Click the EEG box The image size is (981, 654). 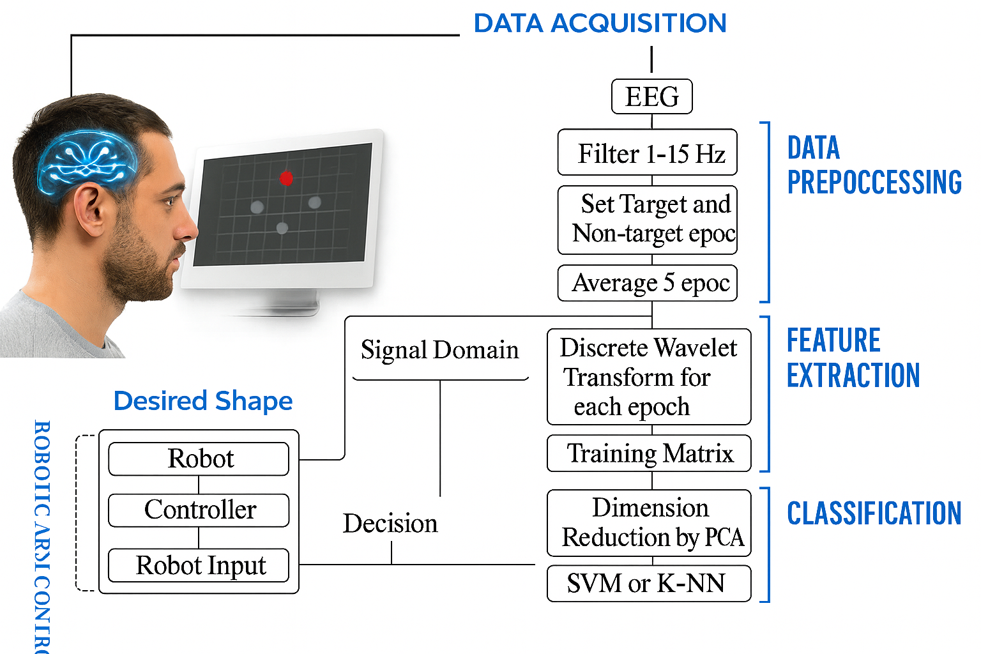coord(651,96)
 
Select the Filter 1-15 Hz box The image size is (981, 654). coord(647,153)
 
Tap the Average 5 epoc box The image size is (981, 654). coord(647,283)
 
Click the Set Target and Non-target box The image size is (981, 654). coord(647,220)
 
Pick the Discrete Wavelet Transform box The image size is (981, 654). coord(648,377)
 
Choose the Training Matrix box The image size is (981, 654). coord(648,453)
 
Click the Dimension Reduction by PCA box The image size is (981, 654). coord(648,522)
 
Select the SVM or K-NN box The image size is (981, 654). coord(648,584)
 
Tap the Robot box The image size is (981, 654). coord(199,459)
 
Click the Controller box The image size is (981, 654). coord(199,510)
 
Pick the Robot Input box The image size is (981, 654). coord(199,566)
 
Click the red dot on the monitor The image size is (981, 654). coord(286,178)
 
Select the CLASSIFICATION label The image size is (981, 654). coord(873,513)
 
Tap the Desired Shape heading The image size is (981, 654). coord(202,401)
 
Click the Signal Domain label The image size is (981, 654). coord(439,351)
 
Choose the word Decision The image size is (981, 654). coord(390,524)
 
